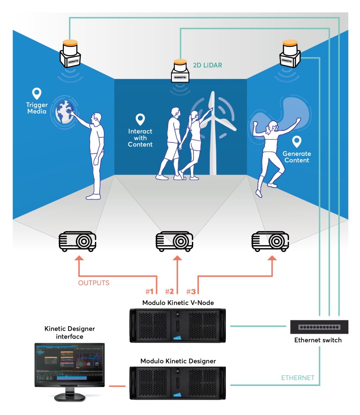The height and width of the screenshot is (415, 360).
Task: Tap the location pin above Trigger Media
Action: tap(37, 93)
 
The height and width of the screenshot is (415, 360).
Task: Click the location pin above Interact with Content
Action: tap(140, 120)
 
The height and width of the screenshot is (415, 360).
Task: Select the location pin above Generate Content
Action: tap(296, 142)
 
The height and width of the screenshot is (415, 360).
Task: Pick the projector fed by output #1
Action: tap(77, 241)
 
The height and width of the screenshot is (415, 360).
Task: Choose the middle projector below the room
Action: tap(174, 241)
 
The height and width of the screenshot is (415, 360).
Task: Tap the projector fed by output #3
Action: tap(270, 241)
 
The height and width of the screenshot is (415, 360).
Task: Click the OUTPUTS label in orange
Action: tap(94, 283)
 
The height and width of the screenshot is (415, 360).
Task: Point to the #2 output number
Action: tap(169, 291)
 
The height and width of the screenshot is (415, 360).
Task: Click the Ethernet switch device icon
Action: tap(318, 327)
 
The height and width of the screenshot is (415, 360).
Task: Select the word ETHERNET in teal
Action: tap(298, 378)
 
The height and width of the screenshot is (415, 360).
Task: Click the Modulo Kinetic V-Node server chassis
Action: tap(178, 325)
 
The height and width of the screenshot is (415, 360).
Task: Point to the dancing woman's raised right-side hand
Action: tap(298, 120)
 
